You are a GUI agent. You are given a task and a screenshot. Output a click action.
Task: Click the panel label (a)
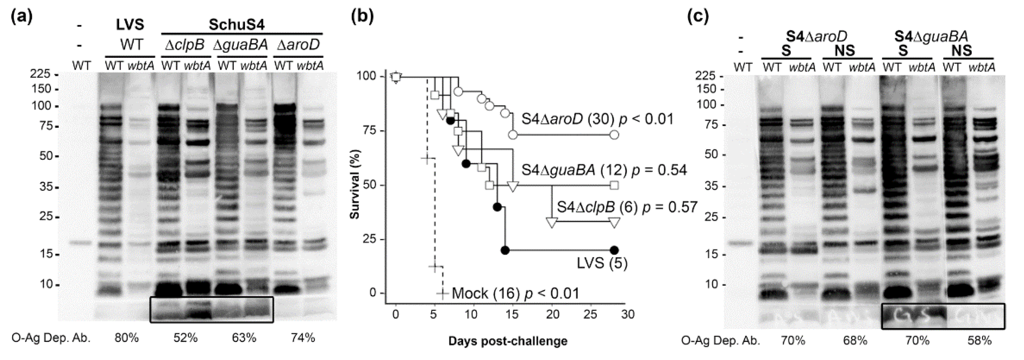(x=22, y=17)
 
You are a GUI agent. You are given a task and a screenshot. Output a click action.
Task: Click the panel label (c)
(x=698, y=17)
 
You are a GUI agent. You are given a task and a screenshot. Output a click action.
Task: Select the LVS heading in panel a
(x=130, y=25)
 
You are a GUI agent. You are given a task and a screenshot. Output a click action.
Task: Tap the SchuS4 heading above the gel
(x=237, y=25)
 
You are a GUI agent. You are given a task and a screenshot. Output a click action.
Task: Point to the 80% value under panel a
(x=127, y=338)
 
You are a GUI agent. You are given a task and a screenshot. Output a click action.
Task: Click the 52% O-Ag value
(x=185, y=338)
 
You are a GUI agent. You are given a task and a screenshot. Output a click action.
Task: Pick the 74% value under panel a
(x=302, y=338)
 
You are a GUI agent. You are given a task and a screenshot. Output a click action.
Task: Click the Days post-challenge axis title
(x=508, y=341)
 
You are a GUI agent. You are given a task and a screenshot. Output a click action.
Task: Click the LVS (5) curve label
(x=602, y=263)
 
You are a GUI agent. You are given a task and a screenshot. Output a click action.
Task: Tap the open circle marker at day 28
(x=614, y=135)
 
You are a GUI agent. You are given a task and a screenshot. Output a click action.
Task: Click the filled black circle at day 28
(x=614, y=250)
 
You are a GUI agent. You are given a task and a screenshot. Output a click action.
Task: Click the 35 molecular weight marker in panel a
(x=46, y=187)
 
